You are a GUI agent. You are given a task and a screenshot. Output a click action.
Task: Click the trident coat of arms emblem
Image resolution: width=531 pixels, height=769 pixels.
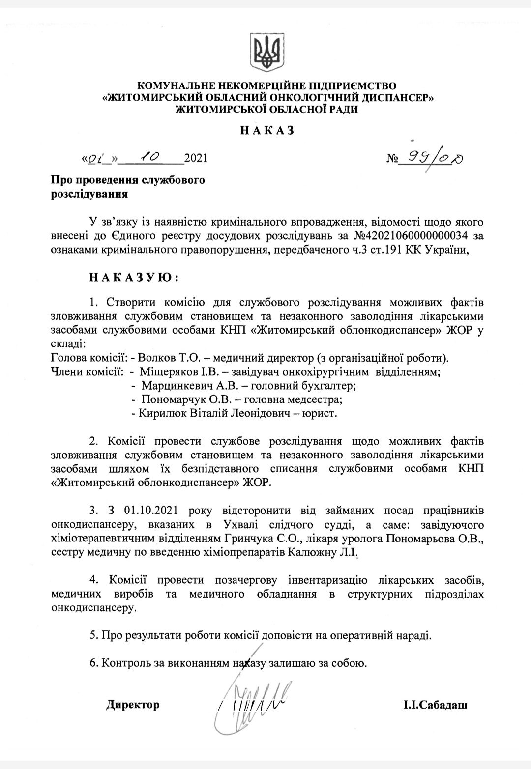tap(265, 53)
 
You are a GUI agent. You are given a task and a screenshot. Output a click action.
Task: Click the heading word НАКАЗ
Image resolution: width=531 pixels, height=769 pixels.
tap(267, 131)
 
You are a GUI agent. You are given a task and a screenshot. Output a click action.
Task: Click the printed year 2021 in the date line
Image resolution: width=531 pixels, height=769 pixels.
tap(195, 159)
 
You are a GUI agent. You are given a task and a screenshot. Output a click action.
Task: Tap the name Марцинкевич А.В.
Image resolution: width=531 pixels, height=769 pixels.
tap(180, 386)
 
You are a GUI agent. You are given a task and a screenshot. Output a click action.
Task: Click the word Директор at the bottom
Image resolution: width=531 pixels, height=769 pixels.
tap(133, 705)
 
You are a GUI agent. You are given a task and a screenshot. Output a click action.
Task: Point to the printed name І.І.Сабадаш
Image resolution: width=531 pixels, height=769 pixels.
tap(435, 705)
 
